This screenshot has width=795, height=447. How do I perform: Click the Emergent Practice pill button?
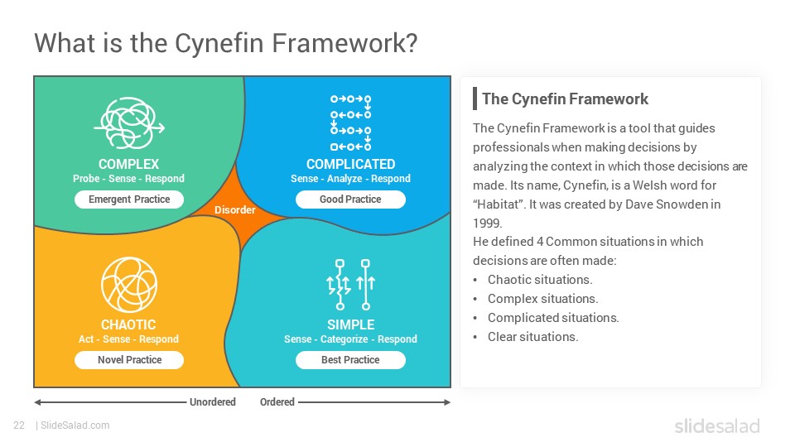129,199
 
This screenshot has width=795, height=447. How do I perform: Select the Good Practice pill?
350,199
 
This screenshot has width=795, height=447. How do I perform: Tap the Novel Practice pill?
129,360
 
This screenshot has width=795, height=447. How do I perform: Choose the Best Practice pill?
350,360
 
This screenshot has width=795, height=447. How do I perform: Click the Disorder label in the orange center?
234,209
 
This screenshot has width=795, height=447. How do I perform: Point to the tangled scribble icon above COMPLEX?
129,123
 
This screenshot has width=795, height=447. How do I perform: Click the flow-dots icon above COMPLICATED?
350,123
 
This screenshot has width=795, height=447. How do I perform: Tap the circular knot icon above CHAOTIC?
129,284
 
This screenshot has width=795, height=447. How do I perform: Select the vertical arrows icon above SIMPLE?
350,284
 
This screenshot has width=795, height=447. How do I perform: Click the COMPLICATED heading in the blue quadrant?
350,164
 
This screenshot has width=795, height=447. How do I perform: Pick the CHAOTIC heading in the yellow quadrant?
128,324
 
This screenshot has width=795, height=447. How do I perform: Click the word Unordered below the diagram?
213,402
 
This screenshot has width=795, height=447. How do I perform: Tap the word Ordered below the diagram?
277,402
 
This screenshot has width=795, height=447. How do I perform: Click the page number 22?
19,425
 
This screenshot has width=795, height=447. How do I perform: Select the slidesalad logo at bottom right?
717,425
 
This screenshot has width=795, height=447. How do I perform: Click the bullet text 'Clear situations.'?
532,337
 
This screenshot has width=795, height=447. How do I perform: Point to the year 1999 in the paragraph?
487,223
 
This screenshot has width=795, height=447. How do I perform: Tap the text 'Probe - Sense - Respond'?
129,179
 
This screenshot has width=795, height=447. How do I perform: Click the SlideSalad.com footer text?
75,425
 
